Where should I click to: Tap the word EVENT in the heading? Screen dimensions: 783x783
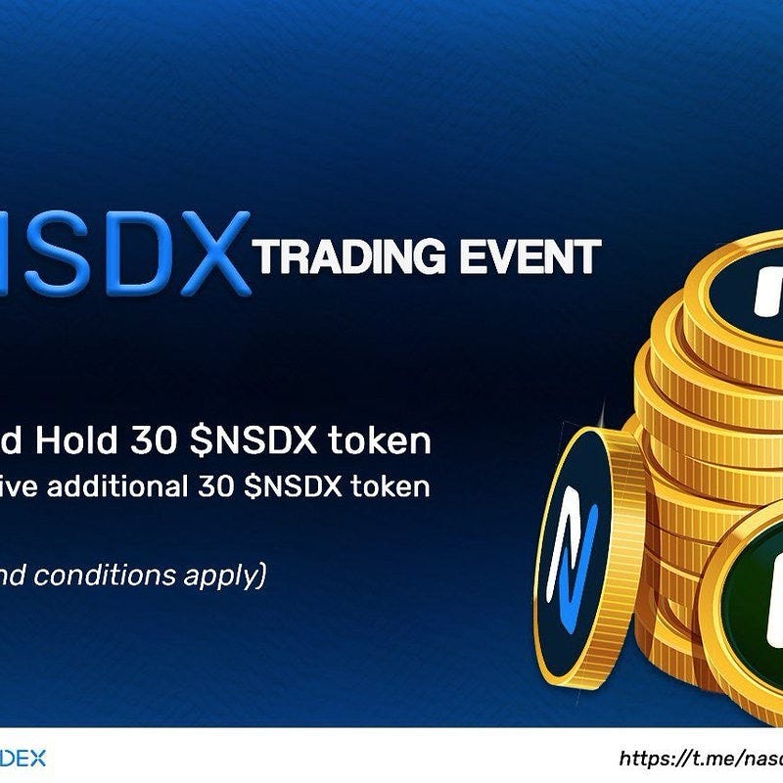pyautogui.click(x=535, y=257)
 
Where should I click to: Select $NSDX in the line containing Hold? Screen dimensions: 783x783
pyautogui.click(x=253, y=441)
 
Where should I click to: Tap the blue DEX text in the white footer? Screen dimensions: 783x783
pyautogui.click(x=23, y=758)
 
